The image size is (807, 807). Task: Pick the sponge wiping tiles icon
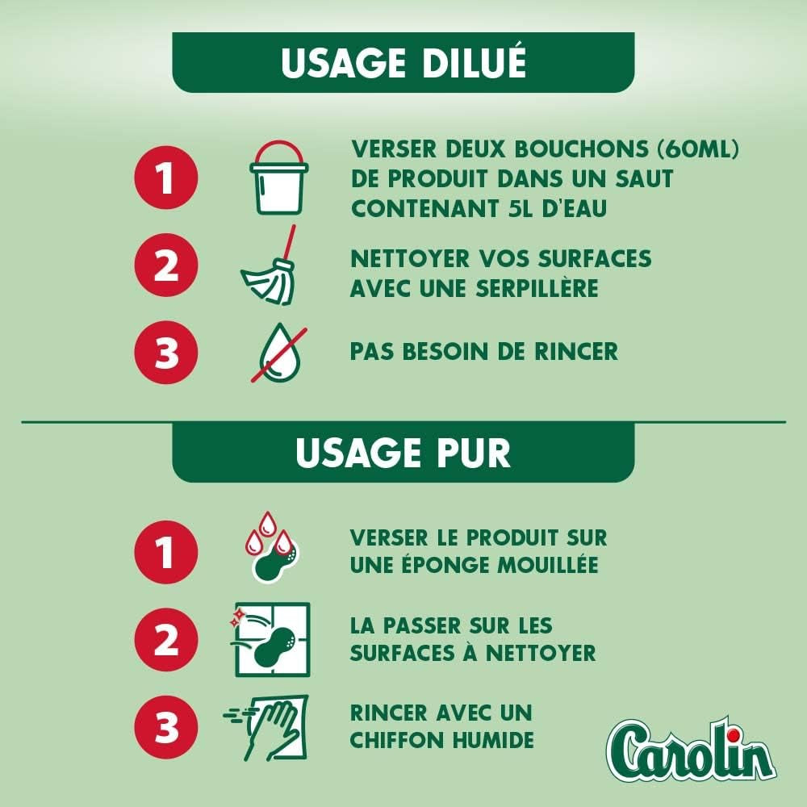271,638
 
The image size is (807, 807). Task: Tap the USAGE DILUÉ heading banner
403,63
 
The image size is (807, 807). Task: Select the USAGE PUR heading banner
403,452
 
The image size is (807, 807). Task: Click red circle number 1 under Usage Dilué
166,178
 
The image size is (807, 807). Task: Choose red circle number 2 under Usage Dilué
166,266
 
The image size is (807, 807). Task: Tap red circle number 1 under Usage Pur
166,553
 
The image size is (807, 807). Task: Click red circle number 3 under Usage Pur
166,728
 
